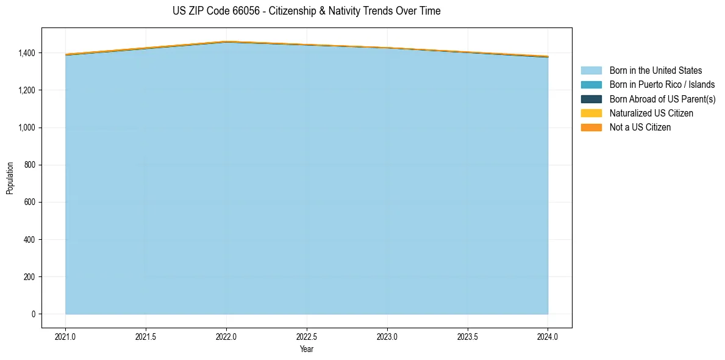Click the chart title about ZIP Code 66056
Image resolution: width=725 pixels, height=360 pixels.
(306, 11)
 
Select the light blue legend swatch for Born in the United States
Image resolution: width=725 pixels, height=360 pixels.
(591, 71)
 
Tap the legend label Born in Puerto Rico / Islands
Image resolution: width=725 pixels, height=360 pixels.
(662, 85)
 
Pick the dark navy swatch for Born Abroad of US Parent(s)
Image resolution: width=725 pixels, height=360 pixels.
(591, 99)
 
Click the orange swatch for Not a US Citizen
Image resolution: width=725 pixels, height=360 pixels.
(591, 128)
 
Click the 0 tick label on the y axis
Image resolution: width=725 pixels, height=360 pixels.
(34, 314)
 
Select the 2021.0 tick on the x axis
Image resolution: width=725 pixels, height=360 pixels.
(66, 337)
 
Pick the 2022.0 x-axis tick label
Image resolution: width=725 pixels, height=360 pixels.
(227, 337)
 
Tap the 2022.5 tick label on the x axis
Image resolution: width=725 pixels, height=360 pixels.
(307, 337)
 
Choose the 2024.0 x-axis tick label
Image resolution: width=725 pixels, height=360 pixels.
(548, 337)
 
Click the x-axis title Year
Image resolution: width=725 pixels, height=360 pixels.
(307, 349)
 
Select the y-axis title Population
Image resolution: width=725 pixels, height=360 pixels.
(10, 178)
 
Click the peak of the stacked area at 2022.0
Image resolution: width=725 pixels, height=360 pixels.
(227, 41)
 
